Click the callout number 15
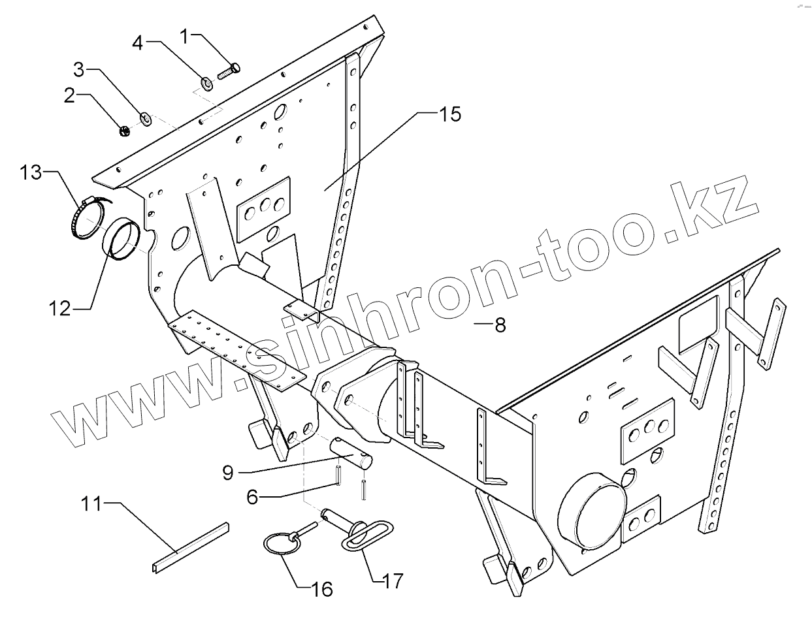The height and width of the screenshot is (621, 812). click(x=449, y=114)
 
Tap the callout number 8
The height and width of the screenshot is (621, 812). click(x=500, y=325)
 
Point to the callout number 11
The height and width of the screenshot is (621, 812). click(x=92, y=503)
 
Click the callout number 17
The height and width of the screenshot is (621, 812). click(x=393, y=580)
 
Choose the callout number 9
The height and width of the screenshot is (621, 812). click(x=227, y=472)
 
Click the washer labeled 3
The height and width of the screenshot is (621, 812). click(x=146, y=118)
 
